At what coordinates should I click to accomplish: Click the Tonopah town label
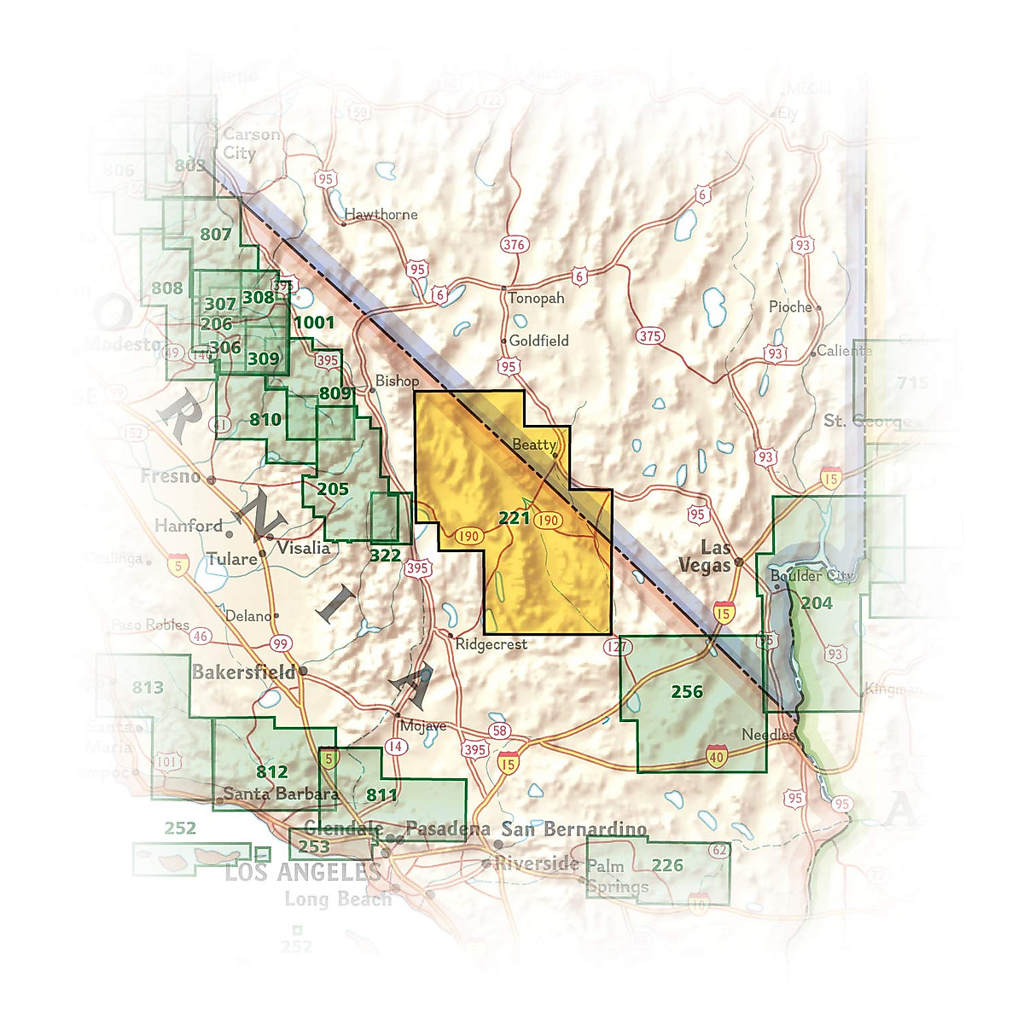coord(536,299)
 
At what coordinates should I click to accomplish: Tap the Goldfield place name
coord(538,340)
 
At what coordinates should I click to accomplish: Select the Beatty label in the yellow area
coord(534,445)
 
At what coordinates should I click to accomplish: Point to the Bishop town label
coord(397,381)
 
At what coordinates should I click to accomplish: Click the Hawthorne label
coord(381,214)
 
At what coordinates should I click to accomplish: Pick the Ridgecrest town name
coord(491,644)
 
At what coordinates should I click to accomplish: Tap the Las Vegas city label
coord(705,556)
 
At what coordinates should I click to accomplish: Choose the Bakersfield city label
coord(244,672)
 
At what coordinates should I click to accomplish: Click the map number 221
coord(514,517)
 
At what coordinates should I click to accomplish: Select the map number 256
coord(687,691)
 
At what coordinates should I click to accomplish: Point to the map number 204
coord(816,603)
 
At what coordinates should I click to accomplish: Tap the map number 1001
coord(314,322)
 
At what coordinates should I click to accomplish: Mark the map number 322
coord(385,556)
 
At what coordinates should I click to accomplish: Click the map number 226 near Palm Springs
coord(667,865)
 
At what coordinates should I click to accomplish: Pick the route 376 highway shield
coord(514,245)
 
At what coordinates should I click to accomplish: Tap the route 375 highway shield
coord(650,335)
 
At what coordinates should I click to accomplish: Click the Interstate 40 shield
coord(716,754)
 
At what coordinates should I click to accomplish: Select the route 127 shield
coord(616,646)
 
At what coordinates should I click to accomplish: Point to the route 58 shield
coord(500,730)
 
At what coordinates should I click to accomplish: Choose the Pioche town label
coord(790,307)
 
